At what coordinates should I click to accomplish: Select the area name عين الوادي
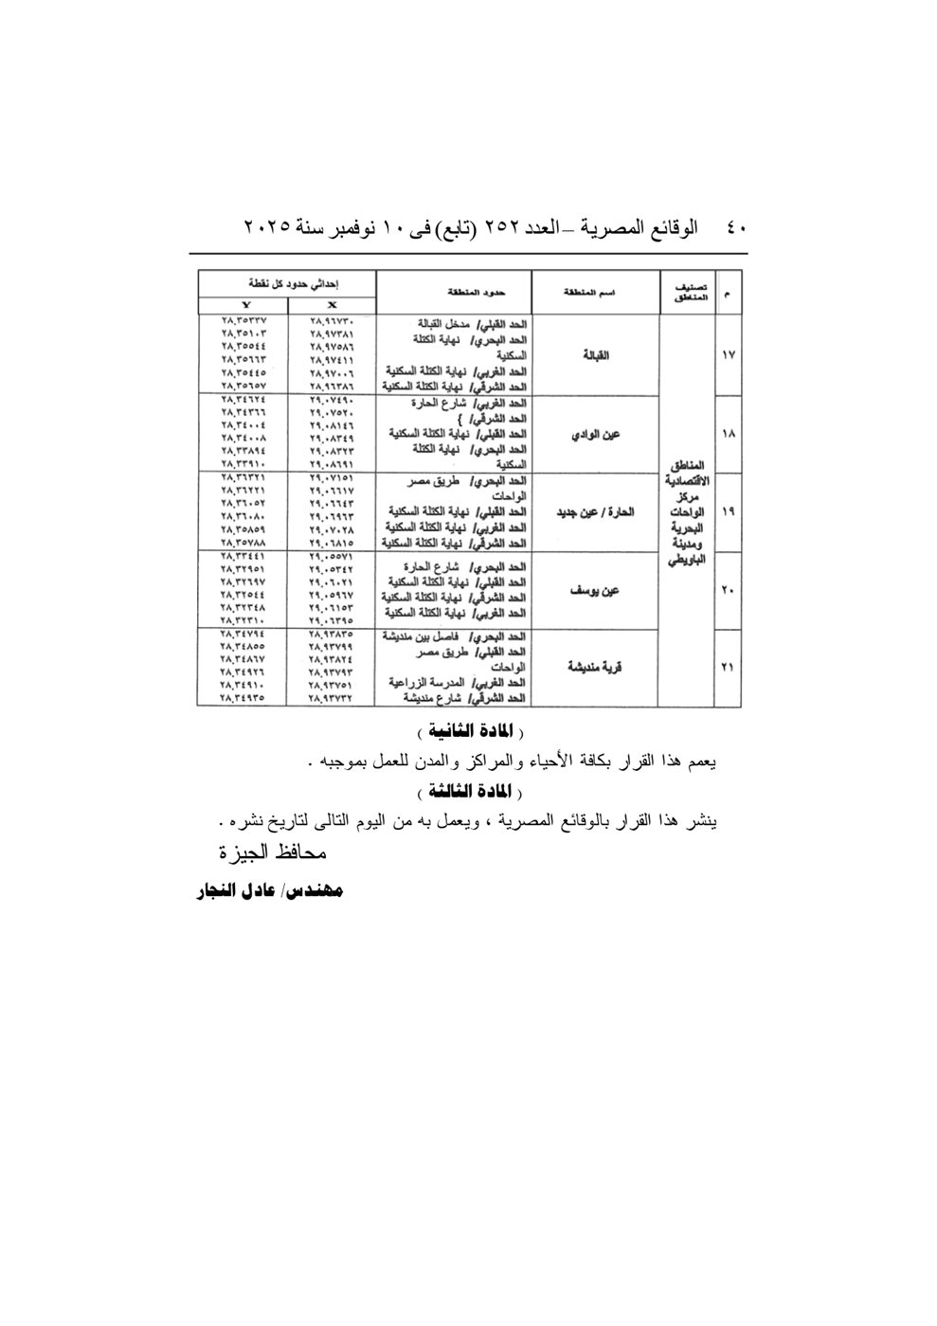pos(595,435)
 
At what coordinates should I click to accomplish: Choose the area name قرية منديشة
pos(594,668)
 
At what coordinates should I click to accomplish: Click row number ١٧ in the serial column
pos(729,355)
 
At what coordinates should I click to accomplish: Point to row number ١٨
pos(729,435)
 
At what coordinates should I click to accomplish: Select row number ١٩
pos(729,511)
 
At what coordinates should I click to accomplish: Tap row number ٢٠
pos(729,591)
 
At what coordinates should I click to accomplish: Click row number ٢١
pos(729,668)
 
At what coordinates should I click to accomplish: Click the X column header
pos(332,305)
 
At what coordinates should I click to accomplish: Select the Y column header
pos(244,305)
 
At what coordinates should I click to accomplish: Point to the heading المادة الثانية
pos(470,732)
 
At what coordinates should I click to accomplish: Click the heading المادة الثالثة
pos(470,790)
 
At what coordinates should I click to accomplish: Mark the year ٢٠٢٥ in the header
pos(264,228)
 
